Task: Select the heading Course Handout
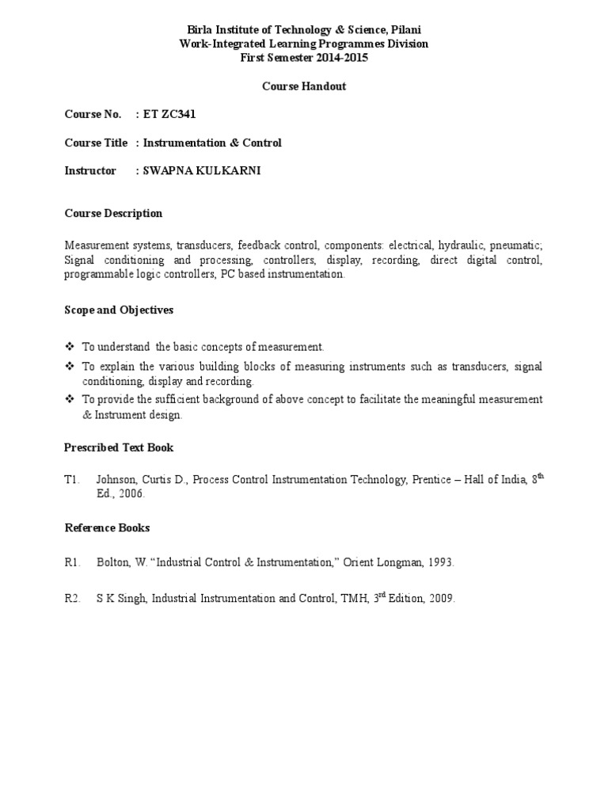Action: [x=304, y=86]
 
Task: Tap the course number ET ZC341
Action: [x=169, y=115]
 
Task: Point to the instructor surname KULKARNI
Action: [x=233, y=171]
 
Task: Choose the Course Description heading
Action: [x=113, y=214]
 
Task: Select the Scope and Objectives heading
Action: [x=119, y=310]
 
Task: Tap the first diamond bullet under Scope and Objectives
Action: [x=69, y=347]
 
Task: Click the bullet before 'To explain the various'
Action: [x=69, y=367]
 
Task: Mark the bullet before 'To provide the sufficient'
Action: [x=69, y=399]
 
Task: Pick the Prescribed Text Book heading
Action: [x=119, y=447]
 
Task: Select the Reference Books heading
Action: [x=107, y=527]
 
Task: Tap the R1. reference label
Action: [x=73, y=562]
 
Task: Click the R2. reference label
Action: [x=73, y=599]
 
